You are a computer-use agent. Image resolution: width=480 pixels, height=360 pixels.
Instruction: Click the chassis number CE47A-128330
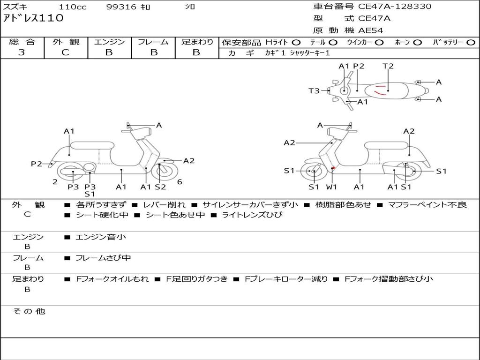(395, 7)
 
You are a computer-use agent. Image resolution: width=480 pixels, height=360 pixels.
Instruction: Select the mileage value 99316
(121, 7)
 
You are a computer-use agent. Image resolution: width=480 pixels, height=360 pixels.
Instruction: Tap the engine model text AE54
(371, 30)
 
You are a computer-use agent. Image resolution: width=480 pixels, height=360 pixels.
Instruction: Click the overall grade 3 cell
(22, 52)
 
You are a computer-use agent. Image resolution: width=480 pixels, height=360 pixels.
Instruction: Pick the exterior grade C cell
(65, 52)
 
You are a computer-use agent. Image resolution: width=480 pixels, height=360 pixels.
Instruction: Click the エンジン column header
(109, 42)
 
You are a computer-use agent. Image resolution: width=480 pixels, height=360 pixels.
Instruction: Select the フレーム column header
(153, 42)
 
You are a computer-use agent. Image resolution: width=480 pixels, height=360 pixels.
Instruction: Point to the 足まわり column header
(197, 42)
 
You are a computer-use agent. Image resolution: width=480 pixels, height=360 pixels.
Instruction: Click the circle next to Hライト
(296, 42)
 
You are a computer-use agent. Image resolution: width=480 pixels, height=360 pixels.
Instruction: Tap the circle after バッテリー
(470, 42)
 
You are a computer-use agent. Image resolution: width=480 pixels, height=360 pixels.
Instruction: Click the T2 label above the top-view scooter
(388, 66)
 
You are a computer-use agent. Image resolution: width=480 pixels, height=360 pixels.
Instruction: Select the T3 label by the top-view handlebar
(314, 91)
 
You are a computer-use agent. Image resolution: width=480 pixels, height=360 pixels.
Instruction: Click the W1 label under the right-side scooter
(332, 187)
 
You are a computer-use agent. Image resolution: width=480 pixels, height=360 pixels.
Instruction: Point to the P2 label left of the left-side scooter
(37, 164)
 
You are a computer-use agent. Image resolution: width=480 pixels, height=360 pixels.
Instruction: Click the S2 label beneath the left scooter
(160, 187)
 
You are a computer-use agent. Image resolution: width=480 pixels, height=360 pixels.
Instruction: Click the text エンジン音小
(101, 237)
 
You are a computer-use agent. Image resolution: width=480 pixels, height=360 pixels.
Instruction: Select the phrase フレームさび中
(103, 258)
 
